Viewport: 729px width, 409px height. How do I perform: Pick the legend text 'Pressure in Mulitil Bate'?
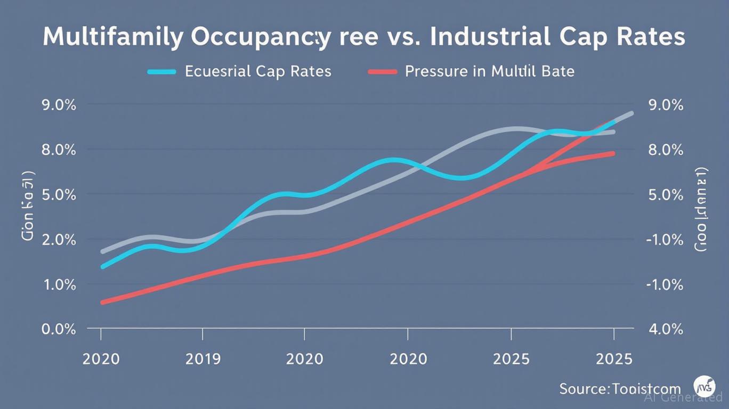coord(489,71)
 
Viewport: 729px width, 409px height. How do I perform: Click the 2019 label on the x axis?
coord(203,358)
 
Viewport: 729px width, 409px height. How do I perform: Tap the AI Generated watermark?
coord(683,397)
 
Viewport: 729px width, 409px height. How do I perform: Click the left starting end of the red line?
coord(102,302)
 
